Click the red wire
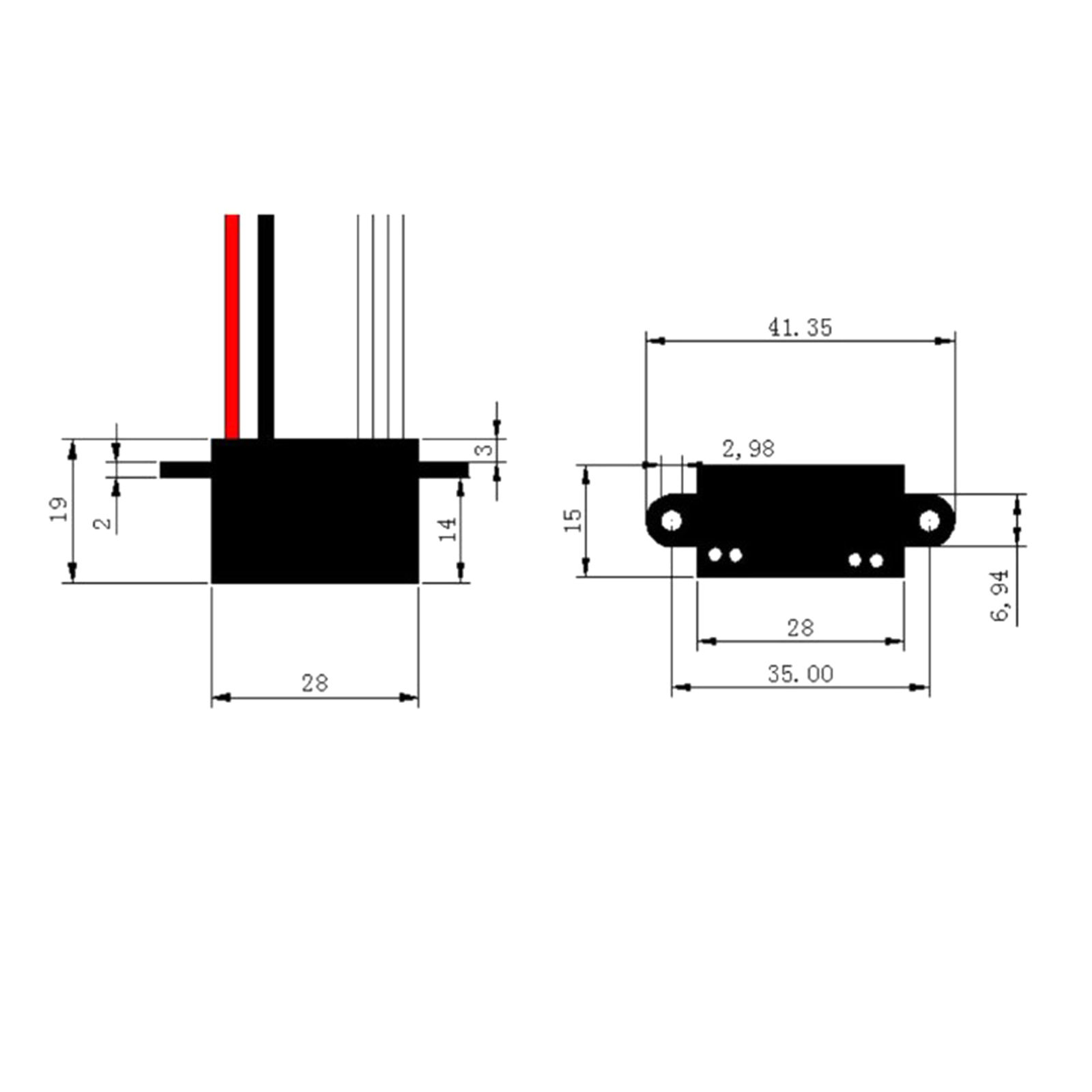[x=232, y=327]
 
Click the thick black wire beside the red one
[x=266, y=327]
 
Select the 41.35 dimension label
[x=800, y=328]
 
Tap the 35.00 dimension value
[x=800, y=674]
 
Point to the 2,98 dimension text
[x=748, y=448]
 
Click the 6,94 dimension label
[x=1000, y=595]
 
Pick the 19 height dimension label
[x=59, y=509]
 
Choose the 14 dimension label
[x=447, y=529]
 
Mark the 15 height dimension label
[x=573, y=520]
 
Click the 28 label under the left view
[x=315, y=683]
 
